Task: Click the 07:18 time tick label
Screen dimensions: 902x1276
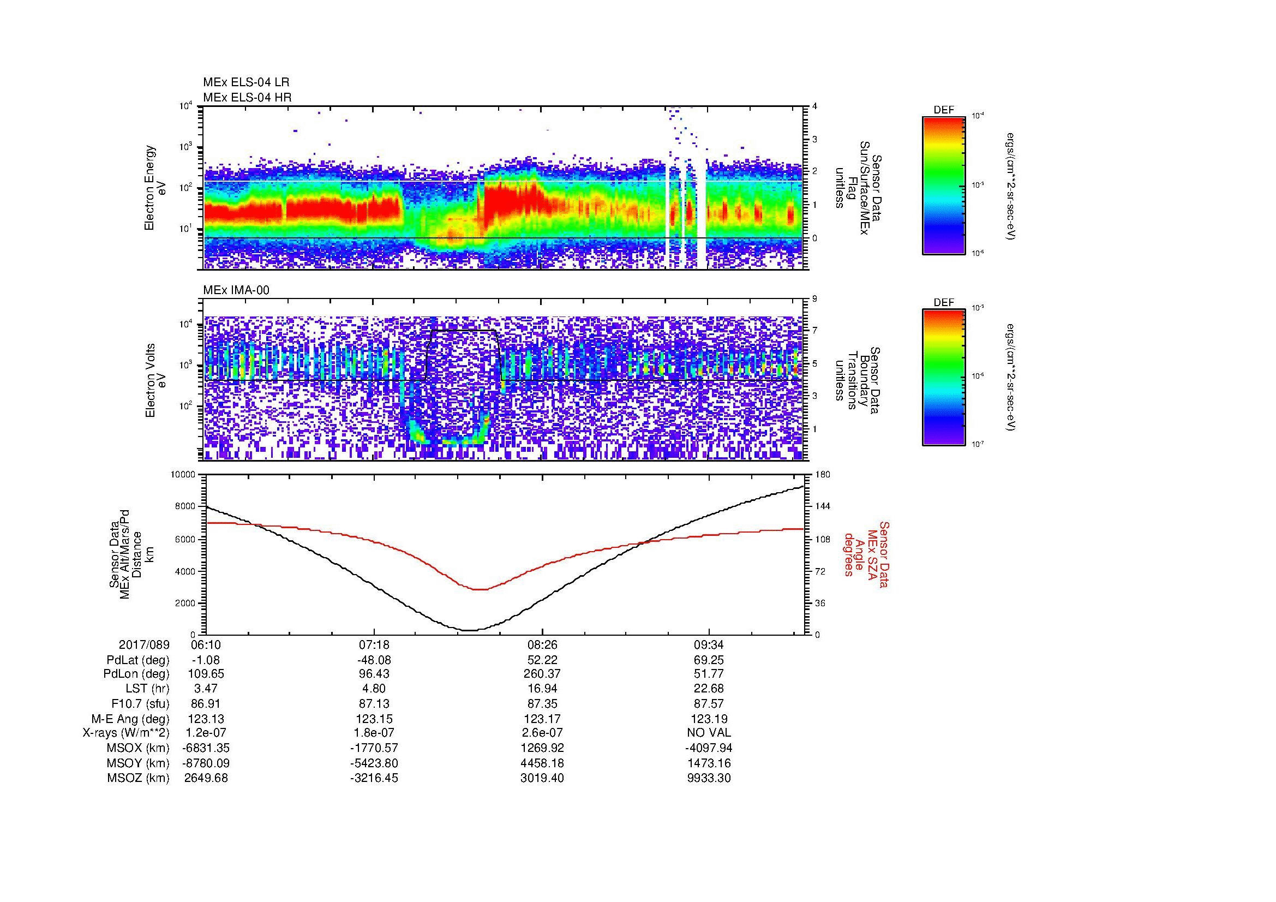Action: click(x=374, y=645)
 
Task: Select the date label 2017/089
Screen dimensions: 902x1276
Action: click(x=144, y=645)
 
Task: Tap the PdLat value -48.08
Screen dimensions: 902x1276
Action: click(x=374, y=660)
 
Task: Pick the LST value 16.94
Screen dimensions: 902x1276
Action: click(x=542, y=689)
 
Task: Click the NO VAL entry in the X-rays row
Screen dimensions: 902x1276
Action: click(x=709, y=733)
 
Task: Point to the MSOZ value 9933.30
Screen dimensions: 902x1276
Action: click(x=709, y=778)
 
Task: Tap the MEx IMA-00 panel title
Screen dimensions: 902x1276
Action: click(x=236, y=290)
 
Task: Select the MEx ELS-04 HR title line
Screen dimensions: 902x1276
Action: click(x=247, y=98)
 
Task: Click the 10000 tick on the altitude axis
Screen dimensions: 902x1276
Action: click(x=183, y=475)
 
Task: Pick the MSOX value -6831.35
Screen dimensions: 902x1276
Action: click(x=206, y=748)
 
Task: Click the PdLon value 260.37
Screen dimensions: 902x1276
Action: click(x=542, y=674)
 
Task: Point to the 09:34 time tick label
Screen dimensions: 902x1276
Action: click(x=709, y=645)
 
